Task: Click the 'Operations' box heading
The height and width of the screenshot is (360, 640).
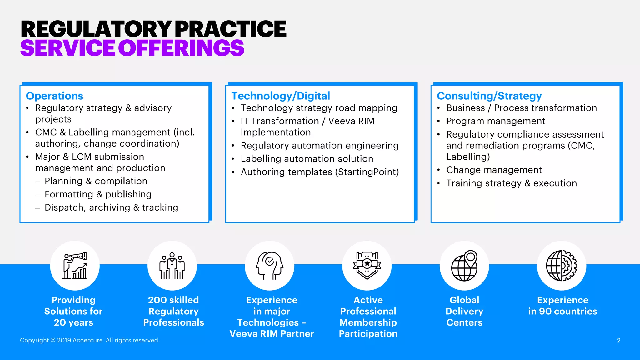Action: (x=54, y=96)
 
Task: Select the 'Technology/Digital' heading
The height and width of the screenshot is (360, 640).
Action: (x=280, y=96)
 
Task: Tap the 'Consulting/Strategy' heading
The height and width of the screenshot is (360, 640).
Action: (x=489, y=96)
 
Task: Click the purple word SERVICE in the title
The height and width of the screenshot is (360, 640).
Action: (x=67, y=48)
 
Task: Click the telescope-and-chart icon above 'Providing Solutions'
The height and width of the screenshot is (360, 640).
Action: (x=75, y=266)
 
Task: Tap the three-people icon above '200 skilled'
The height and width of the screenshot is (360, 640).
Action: (x=172, y=266)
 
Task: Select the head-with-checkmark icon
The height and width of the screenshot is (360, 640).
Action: (x=269, y=266)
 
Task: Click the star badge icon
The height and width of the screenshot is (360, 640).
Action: (x=367, y=266)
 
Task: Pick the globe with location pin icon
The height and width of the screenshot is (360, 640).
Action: (x=464, y=266)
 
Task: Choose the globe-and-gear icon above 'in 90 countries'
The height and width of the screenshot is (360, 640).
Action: (x=562, y=266)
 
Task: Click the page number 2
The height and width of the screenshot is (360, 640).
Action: (x=618, y=341)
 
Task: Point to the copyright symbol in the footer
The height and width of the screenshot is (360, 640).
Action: (x=53, y=340)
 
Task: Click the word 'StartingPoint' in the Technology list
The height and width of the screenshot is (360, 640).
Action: (x=367, y=172)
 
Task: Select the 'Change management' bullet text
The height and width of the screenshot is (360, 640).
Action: (x=494, y=170)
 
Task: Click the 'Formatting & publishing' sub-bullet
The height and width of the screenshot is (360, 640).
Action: (x=98, y=194)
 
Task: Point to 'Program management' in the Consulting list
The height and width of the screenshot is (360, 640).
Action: (x=496, y=121)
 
